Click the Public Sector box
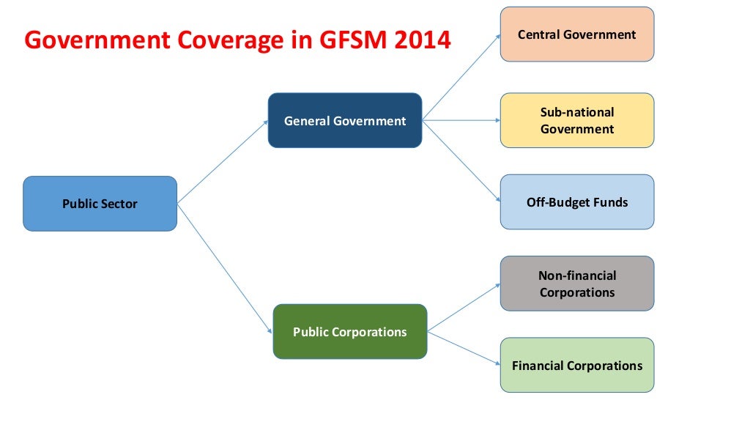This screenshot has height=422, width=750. pyautogui.click(x=100, y=204)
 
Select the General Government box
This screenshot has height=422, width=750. pyautogui.click(x=345, y=121)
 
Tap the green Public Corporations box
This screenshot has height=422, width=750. pyautogui.click(x=349, y=332)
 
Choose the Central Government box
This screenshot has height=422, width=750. pyautogui.click(x=576, y=34)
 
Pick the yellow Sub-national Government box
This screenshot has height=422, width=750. pyautogui.click(x=576, y=121)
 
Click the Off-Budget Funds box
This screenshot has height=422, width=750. pyautogui.click(x=576, y=202)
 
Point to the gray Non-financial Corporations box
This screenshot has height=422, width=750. pyautogui.click(x=576, y=284)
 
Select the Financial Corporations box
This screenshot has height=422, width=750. pyautogui.click(x=576, y=365)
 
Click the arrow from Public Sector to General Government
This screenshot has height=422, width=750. pyautogui.click(x=223, y=162)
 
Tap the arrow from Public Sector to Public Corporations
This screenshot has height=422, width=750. pyautogui.click(x=224, y=267)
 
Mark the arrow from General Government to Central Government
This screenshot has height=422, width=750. pyautogui.click(x=461, y=77)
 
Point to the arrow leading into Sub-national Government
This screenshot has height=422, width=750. pyautogui.click(x=461, y=120)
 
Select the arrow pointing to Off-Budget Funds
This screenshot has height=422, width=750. pyautogui.click(x=461, y=161)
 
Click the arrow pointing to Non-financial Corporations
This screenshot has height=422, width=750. pyautogui.click(x=464, y=308)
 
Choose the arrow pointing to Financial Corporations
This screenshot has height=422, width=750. pyautogui.click(x=464, y=348)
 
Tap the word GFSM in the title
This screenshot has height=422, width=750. pyautogui.click(x=348, y=40)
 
